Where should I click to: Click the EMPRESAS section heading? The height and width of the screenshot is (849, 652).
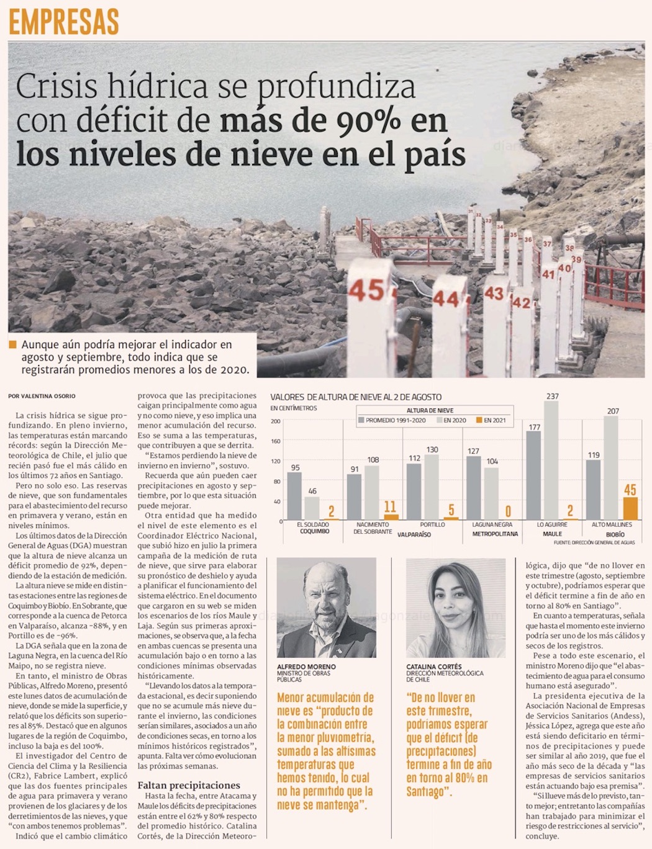(x=63, y=22)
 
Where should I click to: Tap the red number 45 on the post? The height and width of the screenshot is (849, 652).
(x=366, y=290)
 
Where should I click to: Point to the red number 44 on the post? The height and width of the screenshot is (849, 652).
(x=446, y=300)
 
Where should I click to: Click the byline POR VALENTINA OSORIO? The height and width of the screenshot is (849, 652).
(x=42, y=396)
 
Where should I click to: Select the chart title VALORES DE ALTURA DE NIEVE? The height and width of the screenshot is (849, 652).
(x=356, y=397)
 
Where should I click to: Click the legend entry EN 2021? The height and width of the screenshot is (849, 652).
(x=491, y=420)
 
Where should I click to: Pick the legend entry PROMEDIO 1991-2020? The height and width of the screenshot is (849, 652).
(x=392, y=420)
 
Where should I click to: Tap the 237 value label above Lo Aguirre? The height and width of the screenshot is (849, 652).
(x=552, y=396)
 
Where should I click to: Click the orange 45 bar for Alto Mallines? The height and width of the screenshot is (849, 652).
(x=630, y=508)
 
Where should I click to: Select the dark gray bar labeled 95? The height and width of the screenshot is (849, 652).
(x=295, y=496)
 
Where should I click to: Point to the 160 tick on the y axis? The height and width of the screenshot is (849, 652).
(x=276, y=441)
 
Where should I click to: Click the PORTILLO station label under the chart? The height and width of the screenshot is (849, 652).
(x=432, y=524)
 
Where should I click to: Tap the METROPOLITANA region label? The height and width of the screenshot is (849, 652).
(x=495, y=534)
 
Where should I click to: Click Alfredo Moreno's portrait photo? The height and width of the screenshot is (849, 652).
(x=327, y=608)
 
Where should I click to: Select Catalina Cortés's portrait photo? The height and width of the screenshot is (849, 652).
(x=456, y=608)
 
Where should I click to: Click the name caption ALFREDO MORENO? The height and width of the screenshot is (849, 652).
(x=306, y=667)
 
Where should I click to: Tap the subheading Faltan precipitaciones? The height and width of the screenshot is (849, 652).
(x=189, y=785)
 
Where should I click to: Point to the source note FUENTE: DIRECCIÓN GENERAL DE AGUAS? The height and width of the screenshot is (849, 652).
(x=594, y=542)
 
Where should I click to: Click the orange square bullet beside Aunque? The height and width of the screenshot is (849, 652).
(x=13, y=344)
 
